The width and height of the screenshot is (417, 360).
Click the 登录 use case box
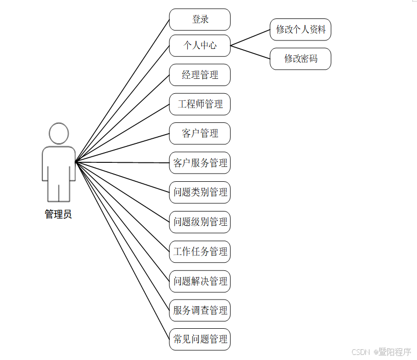(x=200, y=19)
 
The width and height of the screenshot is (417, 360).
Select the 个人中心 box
(x=200, y=46)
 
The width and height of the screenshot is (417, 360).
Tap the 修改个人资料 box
(x=301, y=30)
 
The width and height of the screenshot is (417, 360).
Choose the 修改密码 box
(x=301, y=59)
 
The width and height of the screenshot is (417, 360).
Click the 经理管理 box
(x=200, y=75)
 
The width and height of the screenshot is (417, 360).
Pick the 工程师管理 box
(x=200, y=104)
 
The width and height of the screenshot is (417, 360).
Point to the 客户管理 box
(x=200, y=134)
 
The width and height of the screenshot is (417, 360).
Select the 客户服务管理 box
(x=200, y=163)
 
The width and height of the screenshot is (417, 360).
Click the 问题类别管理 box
(x=200, y=193)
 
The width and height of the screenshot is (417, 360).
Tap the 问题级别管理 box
(x=200, y=222)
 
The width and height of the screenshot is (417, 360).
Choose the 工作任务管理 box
(x=200, y=252)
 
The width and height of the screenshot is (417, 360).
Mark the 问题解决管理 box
(x=200, y=281)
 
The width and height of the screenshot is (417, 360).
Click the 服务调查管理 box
(x=200, y=310)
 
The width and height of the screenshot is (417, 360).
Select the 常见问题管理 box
(x=200, y=340)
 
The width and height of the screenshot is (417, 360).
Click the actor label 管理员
(x=58, y=215)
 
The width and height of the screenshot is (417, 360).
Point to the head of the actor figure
(x=59, y=133)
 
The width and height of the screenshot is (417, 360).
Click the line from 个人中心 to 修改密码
(x=250, y=52)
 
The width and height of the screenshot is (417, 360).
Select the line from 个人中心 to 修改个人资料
(x=250, y=38)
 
